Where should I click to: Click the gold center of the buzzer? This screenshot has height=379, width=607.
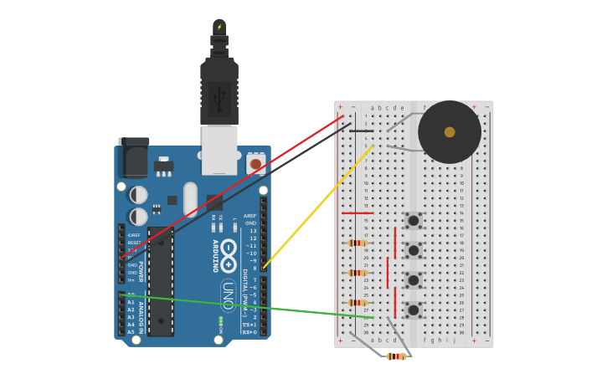pyautogui.click(x=450, y=132)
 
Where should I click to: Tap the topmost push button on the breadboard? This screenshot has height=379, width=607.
pyautogui.click(x=414, y=221)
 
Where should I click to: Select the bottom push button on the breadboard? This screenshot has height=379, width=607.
pyautogui.click(x=414, y=310)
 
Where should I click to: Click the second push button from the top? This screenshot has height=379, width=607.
pyautogui.click(x=414, y=250)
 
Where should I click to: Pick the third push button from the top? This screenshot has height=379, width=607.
pyautogui.click(x=414, y=279)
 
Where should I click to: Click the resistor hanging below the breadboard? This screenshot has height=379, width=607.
pyautogui.click(x=396, y=356)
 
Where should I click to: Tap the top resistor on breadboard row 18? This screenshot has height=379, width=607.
pyautogui.click(x=358, y=243)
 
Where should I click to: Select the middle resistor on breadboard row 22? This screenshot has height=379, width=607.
pyautogui.click(x=358, y=273)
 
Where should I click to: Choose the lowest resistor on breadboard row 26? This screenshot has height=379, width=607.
pyautogui.click(x=358, y=303)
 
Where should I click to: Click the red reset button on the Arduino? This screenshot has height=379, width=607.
pyautogui.click(x=255, y=164)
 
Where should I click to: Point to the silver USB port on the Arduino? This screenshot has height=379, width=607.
pyautogui.click(x=219, y=149)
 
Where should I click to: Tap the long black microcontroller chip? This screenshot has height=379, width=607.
pyautogui.click(x=161, y=281)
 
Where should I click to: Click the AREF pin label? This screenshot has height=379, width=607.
pyautogui.click(x=249, y=216)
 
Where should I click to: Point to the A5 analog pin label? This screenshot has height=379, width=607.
pyautogui.click(x=131, y=332)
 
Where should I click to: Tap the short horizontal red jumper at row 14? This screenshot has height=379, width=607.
pyautogui.click(x=358, y=213)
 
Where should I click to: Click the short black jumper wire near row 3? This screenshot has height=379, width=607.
pyautogui.click(x=362, y=131)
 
